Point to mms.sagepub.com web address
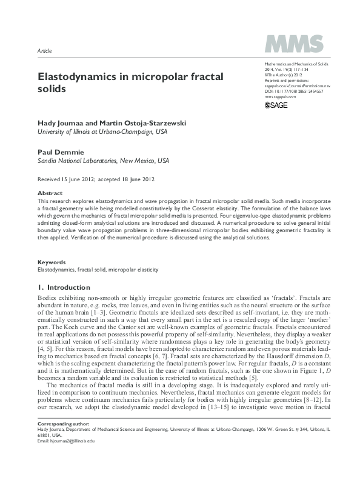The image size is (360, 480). (x=281, y=96)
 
